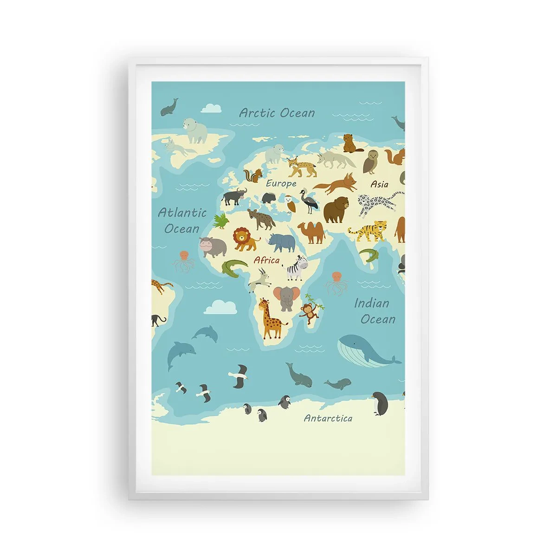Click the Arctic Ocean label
pyautogui.click(x=277, y=113)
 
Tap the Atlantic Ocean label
pyautogui.click(x=182, y=220)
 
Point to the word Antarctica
pyautogui.click(x=328, y=418)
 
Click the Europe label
pyautogui.click(x=281, y=183)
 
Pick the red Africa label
pyautogui.click(x=266, y=260)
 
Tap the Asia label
pyautogui.click(x=379, y=184)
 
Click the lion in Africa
pyautogui.click(x=245, y=239)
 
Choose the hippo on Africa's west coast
pyautogui.click(x=212, y=246)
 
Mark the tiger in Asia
pyautogui.click(x=369, y=230)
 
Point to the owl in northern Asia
pyautogui.click(x=371, y=162)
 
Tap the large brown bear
pyautogui.click(x=336, y=209)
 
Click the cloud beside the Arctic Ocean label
pyautogui.click(x=212, y=108)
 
